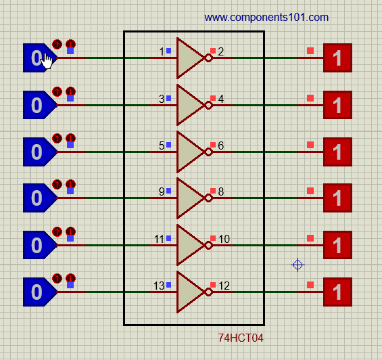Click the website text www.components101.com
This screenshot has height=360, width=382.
click(266, 18)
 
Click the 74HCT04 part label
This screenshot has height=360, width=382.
click(241, 338)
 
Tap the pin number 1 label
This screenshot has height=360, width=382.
click(162, 51)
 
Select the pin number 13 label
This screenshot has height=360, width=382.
click(159, 286)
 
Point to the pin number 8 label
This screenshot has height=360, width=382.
click(221, 192)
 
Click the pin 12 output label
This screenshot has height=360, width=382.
click(224, 286)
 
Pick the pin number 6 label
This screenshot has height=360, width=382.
click(221, 145)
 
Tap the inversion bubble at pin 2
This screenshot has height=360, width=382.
click(209, 58)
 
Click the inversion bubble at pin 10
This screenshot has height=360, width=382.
click(209, 246)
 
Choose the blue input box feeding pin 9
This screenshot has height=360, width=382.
click(39, 198)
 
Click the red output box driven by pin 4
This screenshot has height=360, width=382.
click(337, 105)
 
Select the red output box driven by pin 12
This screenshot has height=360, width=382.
click(337, 292)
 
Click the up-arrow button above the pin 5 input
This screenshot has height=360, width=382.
click(57, 138)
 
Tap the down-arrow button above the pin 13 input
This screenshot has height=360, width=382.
click(70, 278)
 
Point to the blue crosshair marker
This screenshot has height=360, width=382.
click(297, 265)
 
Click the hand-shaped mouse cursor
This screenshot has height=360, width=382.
click(46, 61)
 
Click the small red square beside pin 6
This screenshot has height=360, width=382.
click(213, 145)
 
